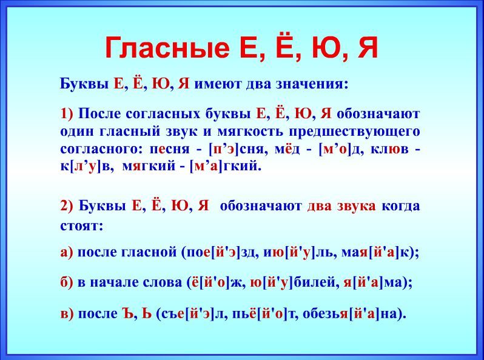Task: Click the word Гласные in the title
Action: point(167,48)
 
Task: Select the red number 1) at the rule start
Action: point(67,113)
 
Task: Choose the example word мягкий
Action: point(149,167)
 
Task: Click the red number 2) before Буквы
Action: point(67,205)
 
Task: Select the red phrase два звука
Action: point(341,206)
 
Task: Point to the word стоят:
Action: point(81,226)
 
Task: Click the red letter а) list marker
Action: point(67,253)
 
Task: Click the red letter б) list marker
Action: point(67,282)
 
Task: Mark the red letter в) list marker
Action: point(67,314)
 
